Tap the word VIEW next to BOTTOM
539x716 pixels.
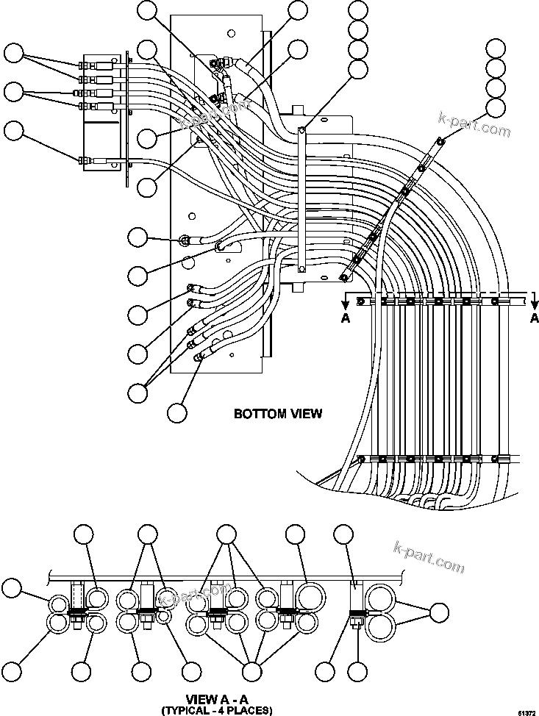pyautogui.click(x=303, y=413)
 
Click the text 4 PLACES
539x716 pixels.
pyautogui.click(x=246, y=710)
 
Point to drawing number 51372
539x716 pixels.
pyautogui.click(x=526, y=712)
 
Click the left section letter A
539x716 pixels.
pyautogui.click(x=346, y=318)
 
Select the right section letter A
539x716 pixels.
pyautogui.click(x=534, y=318)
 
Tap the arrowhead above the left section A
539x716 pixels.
pyautogui.click(x=346, y=301)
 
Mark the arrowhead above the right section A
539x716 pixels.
pyautogui.click(x=534, y=301)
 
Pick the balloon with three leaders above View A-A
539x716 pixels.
pyautogui.click(x=226, y=535)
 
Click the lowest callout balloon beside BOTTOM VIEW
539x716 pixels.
pyautogui.click(x=176, y=412)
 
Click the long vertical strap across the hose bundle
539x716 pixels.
pyautogui.click(x=302, y=198)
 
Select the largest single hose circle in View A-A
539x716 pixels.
pyautogui.click(x=308, y=594)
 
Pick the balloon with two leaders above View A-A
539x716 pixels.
pyautogui.click(x=148, y=535)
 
